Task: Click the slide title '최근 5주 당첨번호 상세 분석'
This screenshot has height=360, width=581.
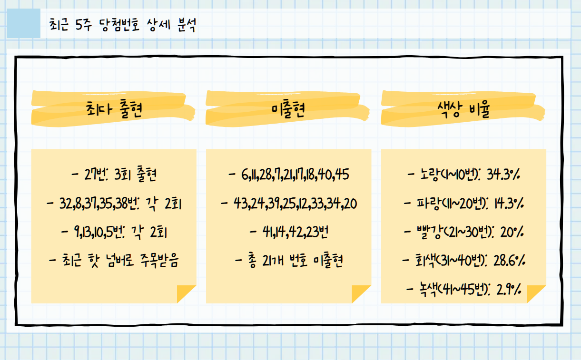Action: pos(122,25)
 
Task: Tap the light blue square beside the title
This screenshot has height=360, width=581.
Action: pos(24,23)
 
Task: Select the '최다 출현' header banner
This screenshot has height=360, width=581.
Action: pos(113,109)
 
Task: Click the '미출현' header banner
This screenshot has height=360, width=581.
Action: pos(288,109)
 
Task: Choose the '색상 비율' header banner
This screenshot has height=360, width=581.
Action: pos(463,109)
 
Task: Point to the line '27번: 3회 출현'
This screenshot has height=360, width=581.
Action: pos(114,175)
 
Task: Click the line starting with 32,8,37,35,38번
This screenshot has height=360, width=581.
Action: pos(114,204)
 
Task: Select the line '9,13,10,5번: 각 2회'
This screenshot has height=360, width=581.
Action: pos(114,233)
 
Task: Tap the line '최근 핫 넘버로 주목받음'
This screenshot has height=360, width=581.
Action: pos(114,261)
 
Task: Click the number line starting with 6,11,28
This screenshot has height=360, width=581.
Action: pos(289,175)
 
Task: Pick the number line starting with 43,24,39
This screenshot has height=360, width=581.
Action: pos(289,204)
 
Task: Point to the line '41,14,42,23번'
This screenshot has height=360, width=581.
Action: pos(289,233)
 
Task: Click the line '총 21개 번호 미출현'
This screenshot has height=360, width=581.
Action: pos(289,261)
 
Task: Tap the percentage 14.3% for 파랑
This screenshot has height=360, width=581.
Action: pos(505,204)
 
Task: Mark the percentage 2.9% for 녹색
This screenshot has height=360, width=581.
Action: pos(509,289)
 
